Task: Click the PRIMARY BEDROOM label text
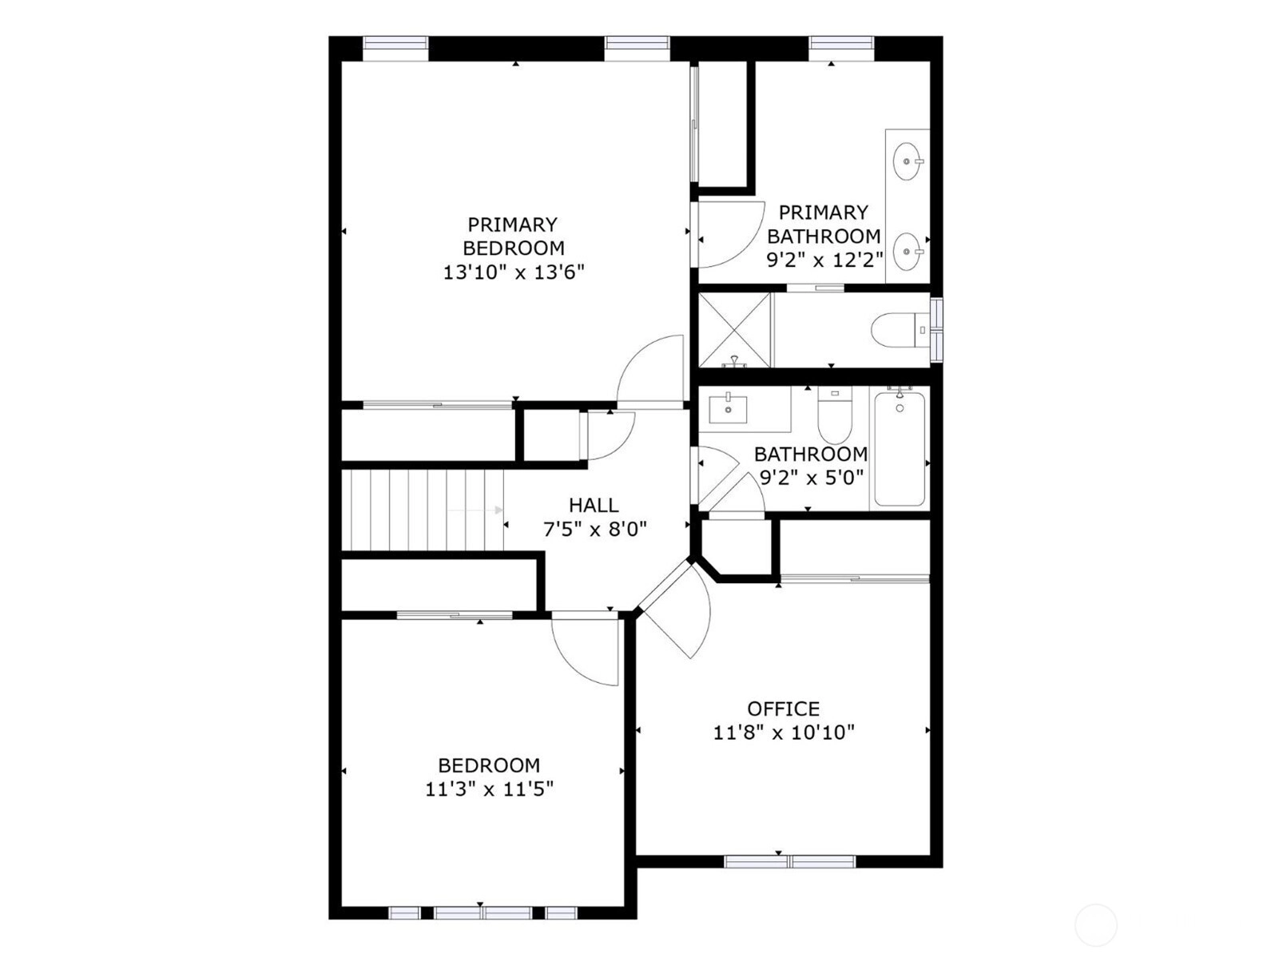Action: [x=514, y=236]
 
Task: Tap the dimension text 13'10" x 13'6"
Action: [x=514, y=272]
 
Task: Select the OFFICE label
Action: [x=783, y=709]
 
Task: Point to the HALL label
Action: [x=594, y=505]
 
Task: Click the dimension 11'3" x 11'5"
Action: [x=489, y=789]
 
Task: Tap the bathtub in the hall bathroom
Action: [x=899, y=449]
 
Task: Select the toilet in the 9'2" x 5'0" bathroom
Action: [x=834, y=415]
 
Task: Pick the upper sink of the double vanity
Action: [x=908, y=161]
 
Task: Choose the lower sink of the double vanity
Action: [x=908, y=252]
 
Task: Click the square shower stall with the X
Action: [x=734, y=330]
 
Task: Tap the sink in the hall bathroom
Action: [x=728, y=409]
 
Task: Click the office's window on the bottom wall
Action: [x=789, y=861]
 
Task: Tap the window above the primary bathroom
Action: [x=841, y=43]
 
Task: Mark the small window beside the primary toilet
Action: [x=935, y=330]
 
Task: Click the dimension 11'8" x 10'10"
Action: [x=784, y=733]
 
